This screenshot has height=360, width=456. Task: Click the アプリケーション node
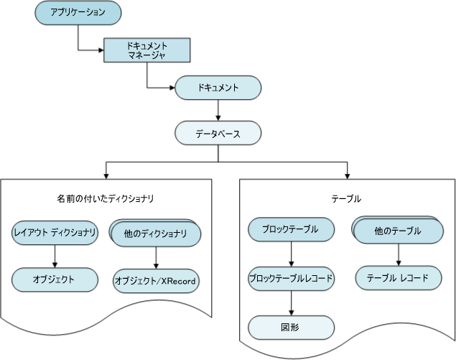(x=78, y=13)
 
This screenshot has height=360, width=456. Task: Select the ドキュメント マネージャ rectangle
(x=146, y=50)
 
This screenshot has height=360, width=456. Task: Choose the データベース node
(x=218, y=133)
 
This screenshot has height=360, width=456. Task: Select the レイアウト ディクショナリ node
(x=55, y=232)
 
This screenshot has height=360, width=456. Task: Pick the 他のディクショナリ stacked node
(x=156, y=234)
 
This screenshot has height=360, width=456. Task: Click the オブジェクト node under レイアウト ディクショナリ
(x=55, y=279)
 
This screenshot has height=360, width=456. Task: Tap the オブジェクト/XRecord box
(x=156, y=280)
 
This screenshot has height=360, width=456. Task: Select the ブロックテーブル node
(x=292, y=231)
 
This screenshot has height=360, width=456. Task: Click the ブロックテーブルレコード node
(x=292, y=277)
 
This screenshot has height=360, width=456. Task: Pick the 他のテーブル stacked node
(x=397, y=231)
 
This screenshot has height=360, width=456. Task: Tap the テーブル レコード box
(x=397, y=277)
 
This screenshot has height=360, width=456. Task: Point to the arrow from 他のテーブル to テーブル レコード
(x=397, y=254)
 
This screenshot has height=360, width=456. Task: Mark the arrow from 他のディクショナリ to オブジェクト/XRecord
(x=156, y=257)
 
